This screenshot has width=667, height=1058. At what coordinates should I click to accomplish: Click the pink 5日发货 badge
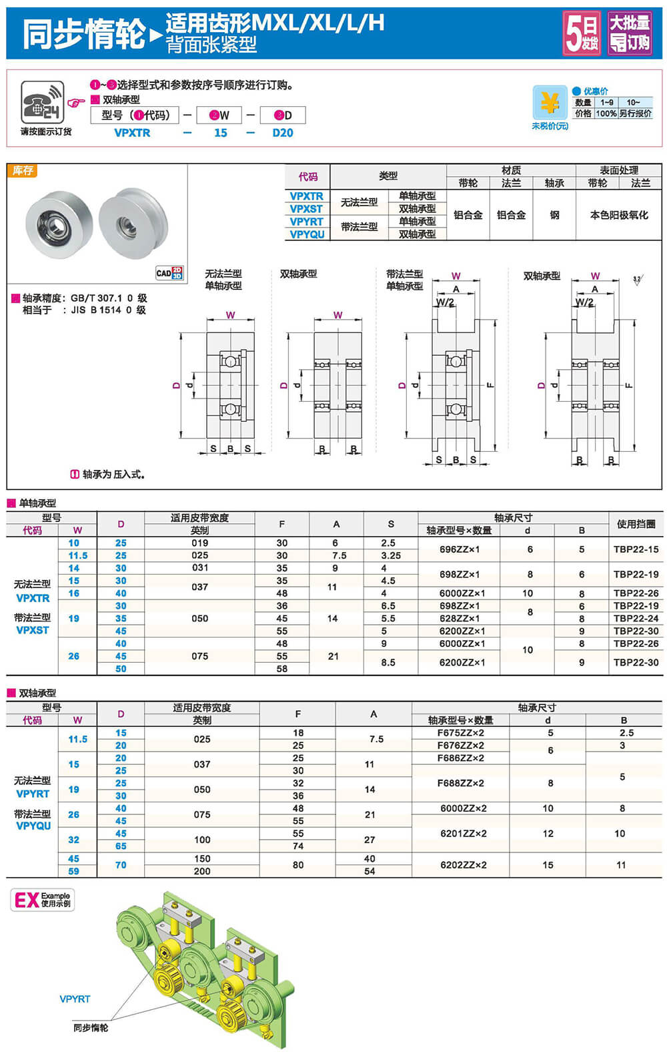tap(582, 33)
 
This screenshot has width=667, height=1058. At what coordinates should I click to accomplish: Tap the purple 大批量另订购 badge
tap(630, 33)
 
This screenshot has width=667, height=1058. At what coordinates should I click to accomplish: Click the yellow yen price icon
tap(550, 103)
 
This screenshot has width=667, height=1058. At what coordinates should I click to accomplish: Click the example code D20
tap(283, 133)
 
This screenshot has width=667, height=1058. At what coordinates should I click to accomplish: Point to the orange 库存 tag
tap(23, 171)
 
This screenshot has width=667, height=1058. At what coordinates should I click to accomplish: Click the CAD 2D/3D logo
tap(169, 273)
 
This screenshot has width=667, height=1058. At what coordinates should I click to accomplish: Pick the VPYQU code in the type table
tap(307, 234)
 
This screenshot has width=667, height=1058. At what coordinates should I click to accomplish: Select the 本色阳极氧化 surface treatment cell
tap(618, 215)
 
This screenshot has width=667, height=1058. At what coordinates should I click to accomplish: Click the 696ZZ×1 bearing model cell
tap(460, 549)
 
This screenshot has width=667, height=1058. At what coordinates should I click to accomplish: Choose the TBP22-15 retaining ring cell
tap(636, 549)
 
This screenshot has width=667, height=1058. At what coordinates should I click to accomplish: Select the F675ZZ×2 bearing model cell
tap(461, 733)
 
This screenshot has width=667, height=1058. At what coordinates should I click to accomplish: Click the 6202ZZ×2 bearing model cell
tap(464, 865)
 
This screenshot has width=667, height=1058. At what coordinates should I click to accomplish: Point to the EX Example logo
tap(42, 900)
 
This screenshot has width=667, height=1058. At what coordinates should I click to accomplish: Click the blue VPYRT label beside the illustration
tap(75, 999)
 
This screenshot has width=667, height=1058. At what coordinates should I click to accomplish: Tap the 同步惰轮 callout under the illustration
tap(91, 1028)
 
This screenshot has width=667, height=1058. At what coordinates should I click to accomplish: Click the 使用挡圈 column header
tap(636, 524)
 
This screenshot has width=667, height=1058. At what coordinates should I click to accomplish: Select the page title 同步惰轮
tap(84, 33)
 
